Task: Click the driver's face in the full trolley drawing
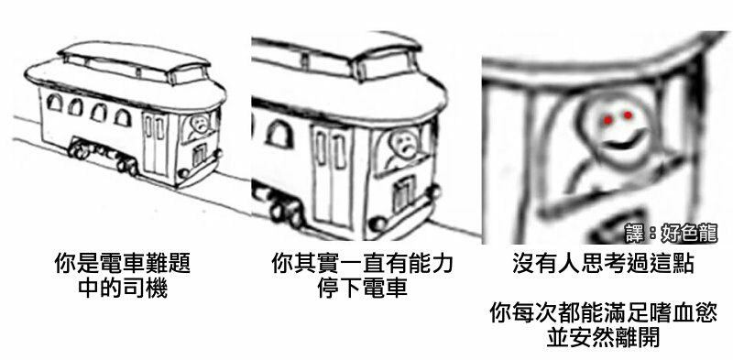coord(200,124)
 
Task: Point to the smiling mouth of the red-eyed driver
coord(621,143)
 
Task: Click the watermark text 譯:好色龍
coord(672,233)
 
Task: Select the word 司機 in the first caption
coord(145,289)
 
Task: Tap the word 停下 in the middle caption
coord(339,289)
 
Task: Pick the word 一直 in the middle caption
coord(362,264)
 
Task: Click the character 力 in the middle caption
coord(442,264)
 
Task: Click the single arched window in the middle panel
coord(279,134)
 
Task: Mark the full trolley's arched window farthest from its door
coord(54,103)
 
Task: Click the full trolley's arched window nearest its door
coord(123,117)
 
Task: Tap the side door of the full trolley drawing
coord(155,145)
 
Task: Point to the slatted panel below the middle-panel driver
coord(403,195)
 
